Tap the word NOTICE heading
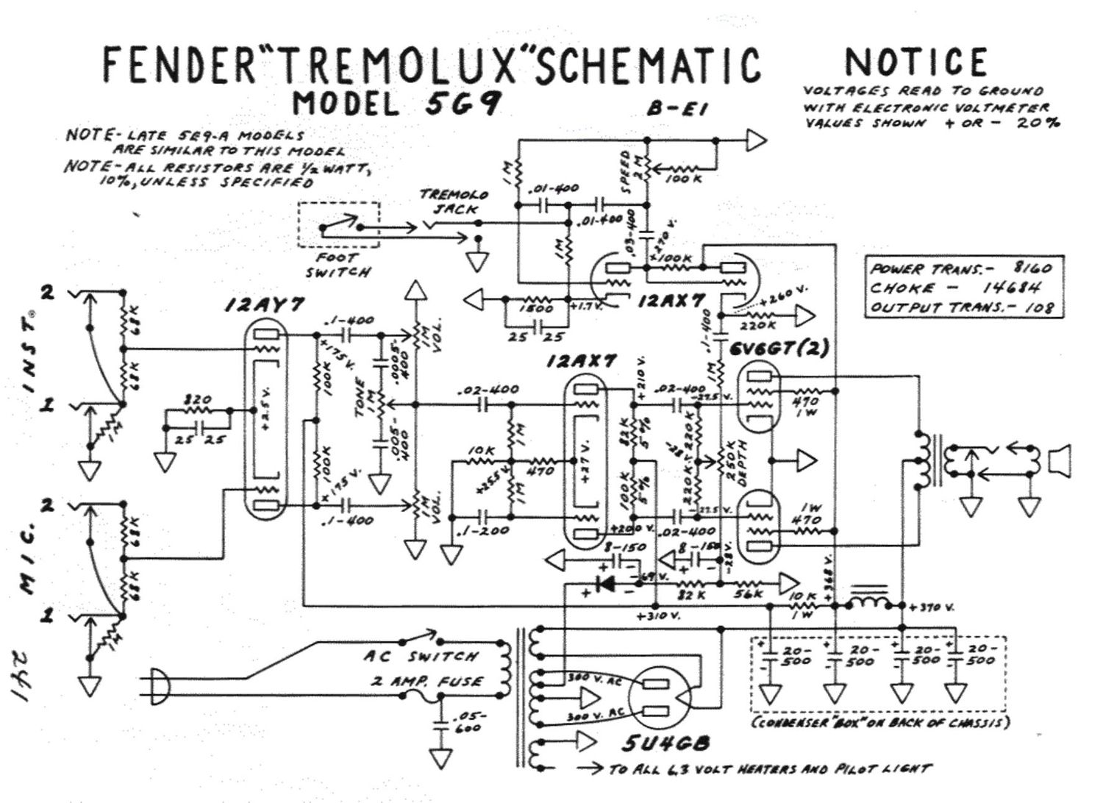tap(915, 63)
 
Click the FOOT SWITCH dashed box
tap(339, 224)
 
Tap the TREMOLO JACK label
tap(454, 201)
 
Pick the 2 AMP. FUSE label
tap(427, 682)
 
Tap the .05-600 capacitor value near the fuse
tap(468, 722)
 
